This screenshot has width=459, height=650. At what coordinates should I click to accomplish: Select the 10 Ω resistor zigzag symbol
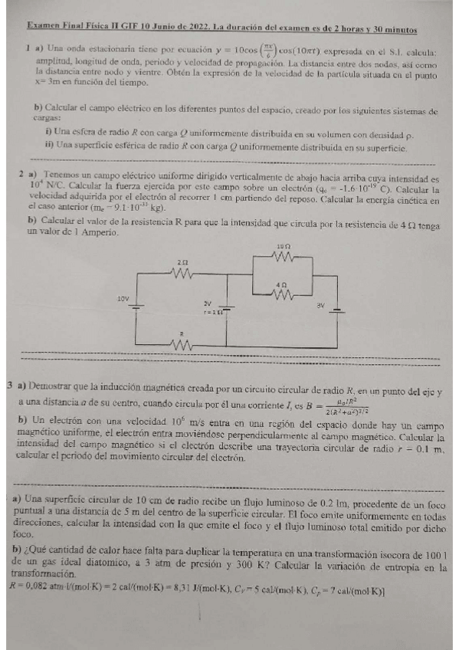click(x=281, y=257)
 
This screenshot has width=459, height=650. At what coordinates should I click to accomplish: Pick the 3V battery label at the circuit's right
click(x=321, y=305)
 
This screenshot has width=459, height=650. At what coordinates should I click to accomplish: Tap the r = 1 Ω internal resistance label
click(x=212, y=312)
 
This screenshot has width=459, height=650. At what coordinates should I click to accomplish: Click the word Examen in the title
click(x=43, y=30)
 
